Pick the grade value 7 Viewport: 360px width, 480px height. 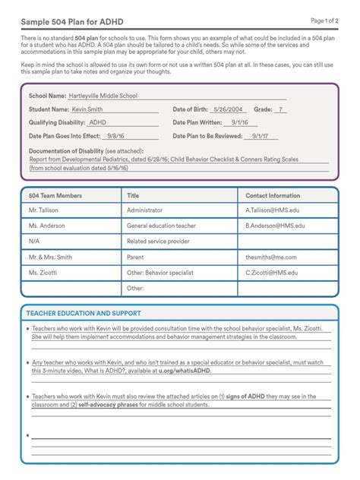coord(282,109)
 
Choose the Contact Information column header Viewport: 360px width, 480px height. coord(273,195)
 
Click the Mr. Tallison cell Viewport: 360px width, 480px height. coord(44,210)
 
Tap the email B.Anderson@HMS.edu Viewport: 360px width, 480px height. coord(275,226)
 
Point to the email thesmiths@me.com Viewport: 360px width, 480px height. coord(271,257)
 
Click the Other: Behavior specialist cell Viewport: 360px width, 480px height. coord(160,272)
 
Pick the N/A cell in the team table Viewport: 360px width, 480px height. coord(34,242)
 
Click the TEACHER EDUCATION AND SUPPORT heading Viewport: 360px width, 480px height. coord(84,313)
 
